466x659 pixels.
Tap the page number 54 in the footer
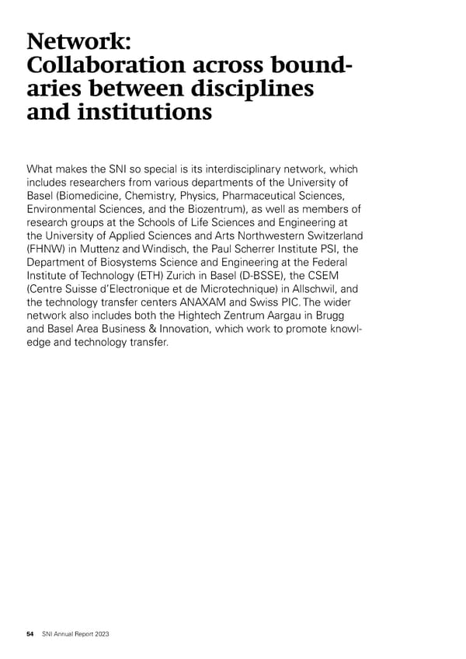click(x=30, y=635)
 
